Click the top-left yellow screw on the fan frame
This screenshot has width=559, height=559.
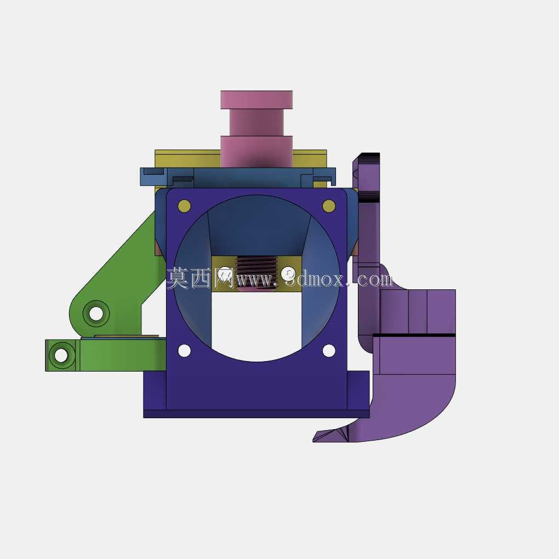[x=184, y=206]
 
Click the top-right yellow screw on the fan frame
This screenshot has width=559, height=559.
[x=329, y=206]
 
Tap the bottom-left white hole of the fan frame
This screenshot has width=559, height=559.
[x=184, y=350]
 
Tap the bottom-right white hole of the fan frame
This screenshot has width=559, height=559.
[x=329, y=350]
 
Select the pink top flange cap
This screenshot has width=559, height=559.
[x=256, y=99]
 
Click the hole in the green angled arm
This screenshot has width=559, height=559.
[x=96, y=313]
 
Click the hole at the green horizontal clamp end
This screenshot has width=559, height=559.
[x=61, y=355]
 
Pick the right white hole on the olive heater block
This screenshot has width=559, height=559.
[x=288, y=274]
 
